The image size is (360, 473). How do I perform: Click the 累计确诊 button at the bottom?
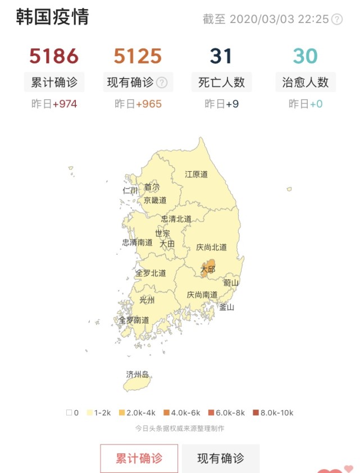[139, 458]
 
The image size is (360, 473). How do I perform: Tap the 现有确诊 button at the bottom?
[221, 458]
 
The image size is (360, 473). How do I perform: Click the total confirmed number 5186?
[54, 56]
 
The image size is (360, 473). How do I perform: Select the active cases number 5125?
[138, 56]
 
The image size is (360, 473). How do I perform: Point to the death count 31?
[221, 56]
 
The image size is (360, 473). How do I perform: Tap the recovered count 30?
[306, 56]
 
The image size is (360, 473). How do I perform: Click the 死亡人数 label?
[221, 82]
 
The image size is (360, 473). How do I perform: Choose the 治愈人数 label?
[306, 82]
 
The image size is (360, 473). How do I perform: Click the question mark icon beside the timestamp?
[337, 19]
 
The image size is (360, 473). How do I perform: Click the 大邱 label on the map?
[208, 269]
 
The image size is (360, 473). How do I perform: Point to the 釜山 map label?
[226, 307]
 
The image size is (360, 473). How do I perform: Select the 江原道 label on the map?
[197, 174]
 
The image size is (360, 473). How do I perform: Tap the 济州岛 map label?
[138, 374]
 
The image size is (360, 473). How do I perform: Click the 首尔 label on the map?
[152, 187]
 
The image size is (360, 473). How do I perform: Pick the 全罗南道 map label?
[134, 320]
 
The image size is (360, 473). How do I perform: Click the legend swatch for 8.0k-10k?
[256, 413]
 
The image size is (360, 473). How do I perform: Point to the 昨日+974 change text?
[54, 104]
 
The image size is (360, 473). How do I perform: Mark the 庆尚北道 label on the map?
[212, 247]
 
